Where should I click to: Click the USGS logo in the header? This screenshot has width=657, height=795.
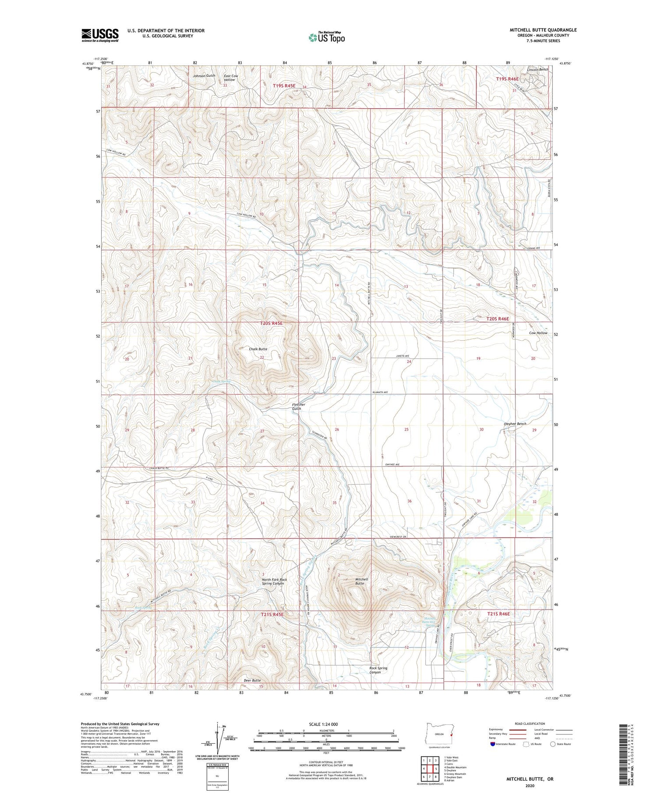click(x=100, y=35)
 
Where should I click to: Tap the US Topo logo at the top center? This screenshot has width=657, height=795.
click(x=326, y=37)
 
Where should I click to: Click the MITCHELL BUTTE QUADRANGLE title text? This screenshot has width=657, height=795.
click(x=543, y=30)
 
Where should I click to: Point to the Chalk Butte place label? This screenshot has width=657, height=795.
click(x=258, y=349)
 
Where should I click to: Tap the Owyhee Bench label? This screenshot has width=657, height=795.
click(x=515, y=424)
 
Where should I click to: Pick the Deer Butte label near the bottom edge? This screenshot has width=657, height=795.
click(x=252, y=680)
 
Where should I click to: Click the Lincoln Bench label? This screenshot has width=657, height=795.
click(x=537, y=70)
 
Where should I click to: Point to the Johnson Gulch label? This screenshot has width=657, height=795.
click(x=204, y=76)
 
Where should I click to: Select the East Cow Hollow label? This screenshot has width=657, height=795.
click(x=231, y=78)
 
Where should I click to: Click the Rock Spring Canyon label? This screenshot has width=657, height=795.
click(x=378, y=670)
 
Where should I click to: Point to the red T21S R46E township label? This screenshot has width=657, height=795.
click(x=498, y=614)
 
